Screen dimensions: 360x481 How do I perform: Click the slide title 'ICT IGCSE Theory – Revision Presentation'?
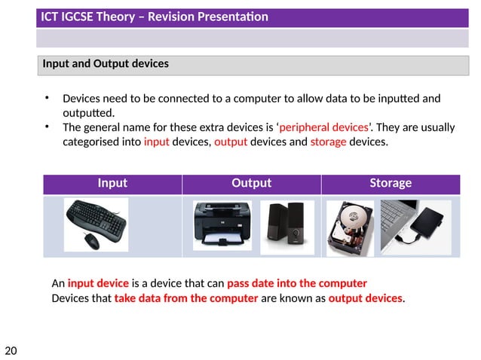point(155,17)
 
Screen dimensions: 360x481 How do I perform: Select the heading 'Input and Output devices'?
point(106,64)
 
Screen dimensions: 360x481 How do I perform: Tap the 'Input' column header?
point(112,183)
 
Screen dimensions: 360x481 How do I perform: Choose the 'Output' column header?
point(251,183)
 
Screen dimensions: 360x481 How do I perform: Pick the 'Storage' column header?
point(390,183)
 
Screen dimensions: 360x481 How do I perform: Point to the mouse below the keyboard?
point(90,240)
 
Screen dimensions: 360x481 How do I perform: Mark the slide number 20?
point(11,350)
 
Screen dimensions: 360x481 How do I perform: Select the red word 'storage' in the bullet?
point(328,141)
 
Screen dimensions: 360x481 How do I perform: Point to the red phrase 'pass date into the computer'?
point(296,284)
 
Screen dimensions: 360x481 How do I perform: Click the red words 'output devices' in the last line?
point(366,298)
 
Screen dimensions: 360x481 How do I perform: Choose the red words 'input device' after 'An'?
point(98,284)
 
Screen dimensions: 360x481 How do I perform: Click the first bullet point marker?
point(47,99)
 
